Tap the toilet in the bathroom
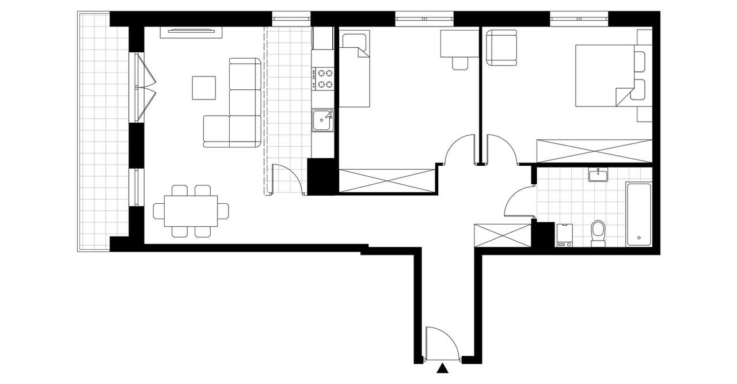pyautogui.click(x=598, y=233)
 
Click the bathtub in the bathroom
pyautogui.click(x=639, y=215)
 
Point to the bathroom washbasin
pyautogui.click(x=599, y=174)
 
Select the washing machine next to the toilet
pyautogui.click(x=564, y=235)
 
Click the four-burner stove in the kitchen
pyautogui.click(x=323, y=79)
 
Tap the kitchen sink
pyautogui.click(x=323, y=120)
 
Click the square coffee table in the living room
pyautogui.click(x=204, y=88)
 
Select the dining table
pyautogui.click(x=191, y=211)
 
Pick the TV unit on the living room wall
pyautogui.click(x=191, y=31)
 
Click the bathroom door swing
pyautogui.click(x=518, y=201)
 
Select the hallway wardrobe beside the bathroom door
pyautogui.click(x=502, y=235)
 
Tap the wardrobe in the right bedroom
pyautogui.click(x=594, y=151)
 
